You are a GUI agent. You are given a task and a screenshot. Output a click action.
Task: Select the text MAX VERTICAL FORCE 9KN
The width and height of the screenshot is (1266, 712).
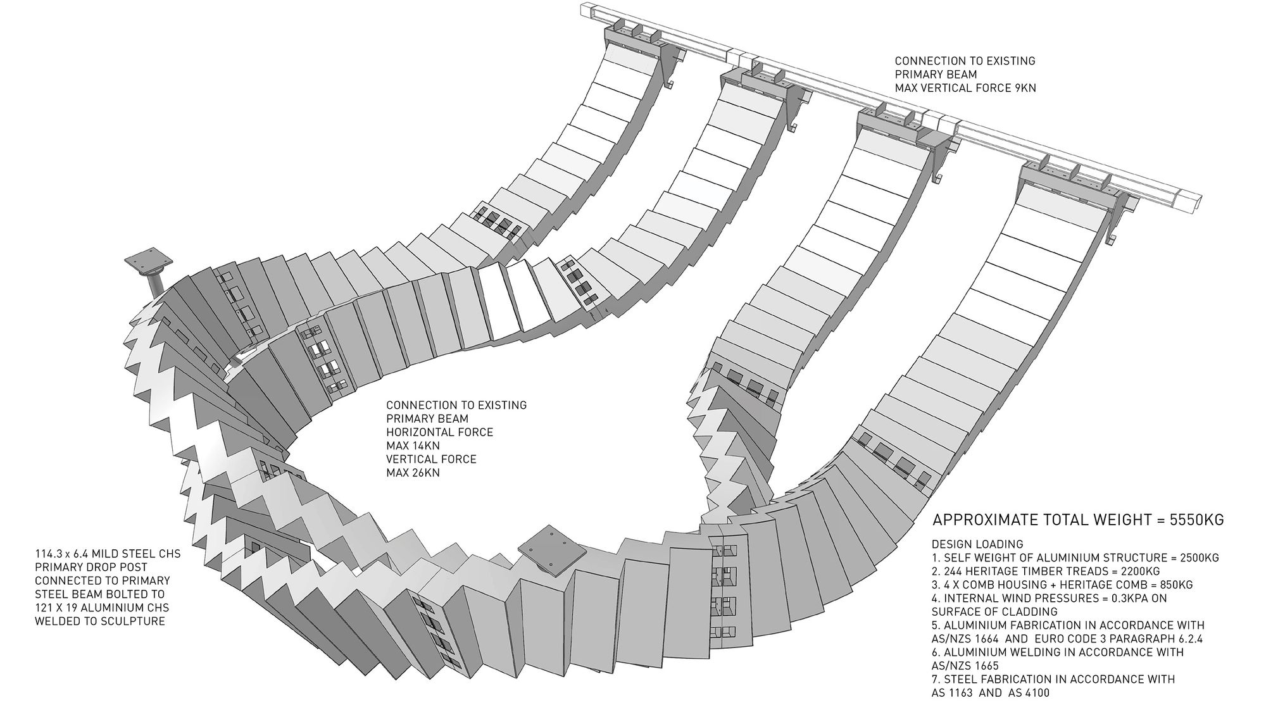click(x=965, y=88)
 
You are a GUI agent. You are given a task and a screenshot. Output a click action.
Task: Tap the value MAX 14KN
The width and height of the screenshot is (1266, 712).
click(x=413, y=446)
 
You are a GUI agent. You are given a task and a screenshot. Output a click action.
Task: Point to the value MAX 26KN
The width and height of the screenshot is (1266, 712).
click(x=413, y=473)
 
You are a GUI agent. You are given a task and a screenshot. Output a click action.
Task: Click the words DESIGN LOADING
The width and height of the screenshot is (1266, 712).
click(x=977, y=544)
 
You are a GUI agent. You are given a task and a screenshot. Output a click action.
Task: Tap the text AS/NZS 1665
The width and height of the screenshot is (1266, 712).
click(x=965, y=666)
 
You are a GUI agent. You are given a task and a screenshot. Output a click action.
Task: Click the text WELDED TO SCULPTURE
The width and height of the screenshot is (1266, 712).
click(x=100, y=621)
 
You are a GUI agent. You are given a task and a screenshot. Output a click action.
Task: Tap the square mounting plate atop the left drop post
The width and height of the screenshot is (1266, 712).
click(x=149, y=259)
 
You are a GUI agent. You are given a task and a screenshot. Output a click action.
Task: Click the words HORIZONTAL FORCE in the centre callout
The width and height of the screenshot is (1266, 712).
click(x=440, y=432)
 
